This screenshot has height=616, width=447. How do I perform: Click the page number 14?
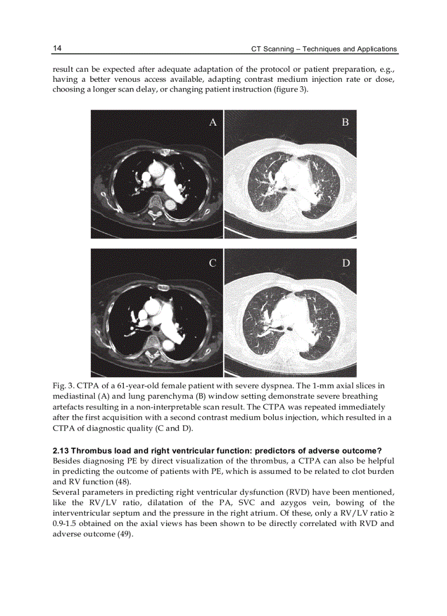click(x=57, y=49)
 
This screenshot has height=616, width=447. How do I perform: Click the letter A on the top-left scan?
click(x=213, y=122)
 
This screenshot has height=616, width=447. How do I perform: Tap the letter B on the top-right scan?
click(x=345, y=122)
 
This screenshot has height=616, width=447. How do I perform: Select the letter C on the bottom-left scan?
click(x=213, y=263)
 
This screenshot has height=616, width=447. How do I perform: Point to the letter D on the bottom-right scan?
click(x=346, y=263)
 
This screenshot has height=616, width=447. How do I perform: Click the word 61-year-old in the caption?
click(x=134, y=386)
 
